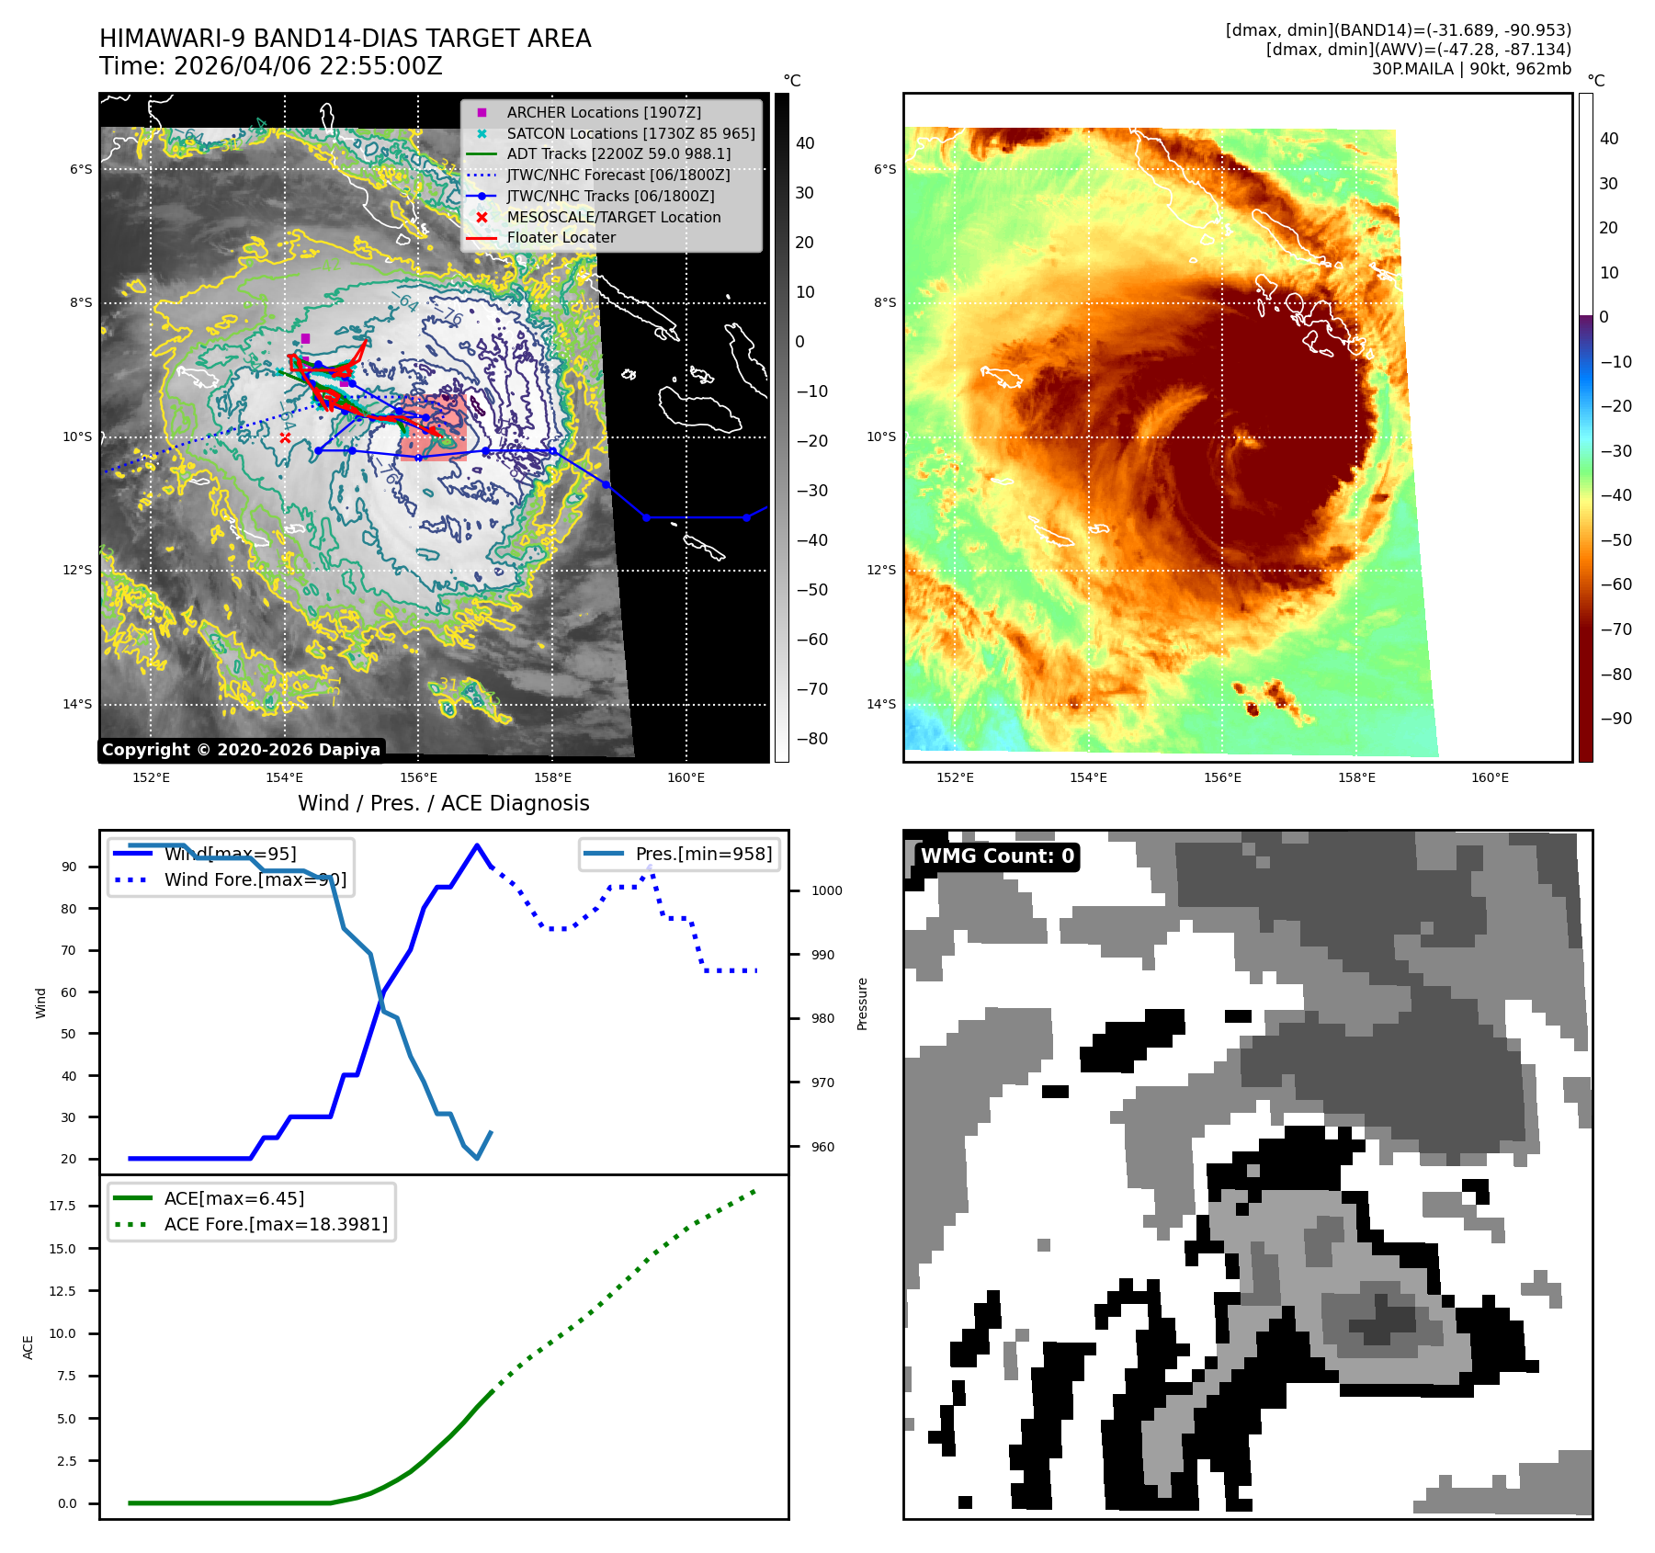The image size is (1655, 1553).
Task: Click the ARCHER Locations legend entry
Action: pos(603,112)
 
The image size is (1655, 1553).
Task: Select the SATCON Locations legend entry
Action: pos(630,133)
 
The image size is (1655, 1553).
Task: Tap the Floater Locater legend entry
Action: pos(561,237)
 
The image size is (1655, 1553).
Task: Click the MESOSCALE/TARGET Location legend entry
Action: pos(613,217)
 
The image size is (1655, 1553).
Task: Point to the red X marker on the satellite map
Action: pos(285,438)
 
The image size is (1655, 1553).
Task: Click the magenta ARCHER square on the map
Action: pos(305,339)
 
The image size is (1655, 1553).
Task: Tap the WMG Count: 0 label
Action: pos(997,856)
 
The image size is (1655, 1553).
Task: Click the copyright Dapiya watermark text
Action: pos(241,750)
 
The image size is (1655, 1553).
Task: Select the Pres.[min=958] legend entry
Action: pos(703,854)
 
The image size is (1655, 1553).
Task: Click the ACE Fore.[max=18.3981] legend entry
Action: pos(276,1224)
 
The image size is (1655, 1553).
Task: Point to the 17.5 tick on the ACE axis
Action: pos(62,1206)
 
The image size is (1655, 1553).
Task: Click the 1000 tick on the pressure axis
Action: pos(826,890)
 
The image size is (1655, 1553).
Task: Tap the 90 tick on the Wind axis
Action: pos(69,867)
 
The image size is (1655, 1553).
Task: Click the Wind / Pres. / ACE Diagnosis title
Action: pos(443,803)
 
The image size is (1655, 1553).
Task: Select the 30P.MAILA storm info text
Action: pos(1470,69)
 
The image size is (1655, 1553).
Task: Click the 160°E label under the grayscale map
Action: pos(686,777)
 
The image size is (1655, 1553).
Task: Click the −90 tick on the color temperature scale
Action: pos(1615,719)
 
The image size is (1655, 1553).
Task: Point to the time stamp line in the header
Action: pos(271,66)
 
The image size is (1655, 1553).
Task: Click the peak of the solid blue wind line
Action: pos(476,845)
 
